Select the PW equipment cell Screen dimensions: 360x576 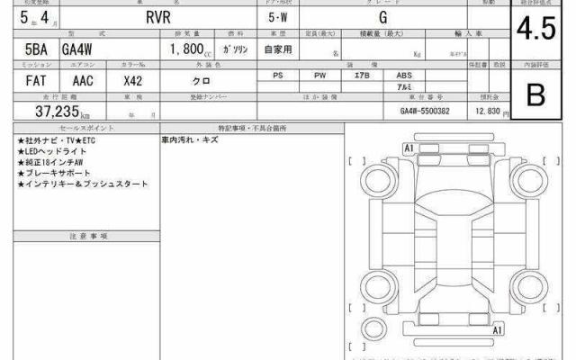(320, 76)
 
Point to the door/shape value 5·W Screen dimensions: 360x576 (280, 16)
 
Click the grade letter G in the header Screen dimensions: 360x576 (383, 16)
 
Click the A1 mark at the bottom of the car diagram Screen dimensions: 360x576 (496, 331)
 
